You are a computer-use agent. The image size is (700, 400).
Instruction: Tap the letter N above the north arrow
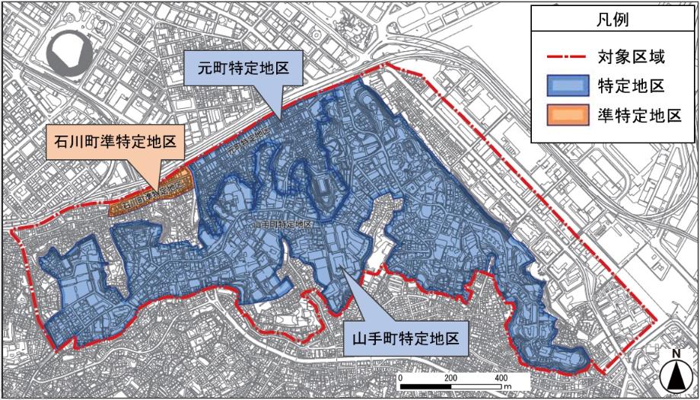[674, 354]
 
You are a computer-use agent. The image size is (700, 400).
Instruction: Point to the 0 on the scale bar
[399, 378]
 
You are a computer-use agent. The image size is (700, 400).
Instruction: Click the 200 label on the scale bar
[450, 378]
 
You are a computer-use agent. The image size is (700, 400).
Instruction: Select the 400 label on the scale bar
[501, 378]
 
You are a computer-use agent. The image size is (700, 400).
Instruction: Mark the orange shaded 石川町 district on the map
[148, 197]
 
